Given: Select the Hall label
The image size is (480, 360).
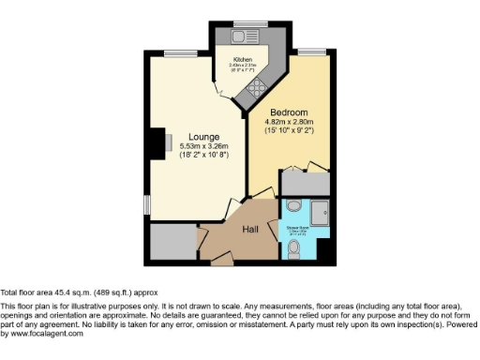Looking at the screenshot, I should [x=251, y=228].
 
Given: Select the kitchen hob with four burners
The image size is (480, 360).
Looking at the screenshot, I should [x=255, y=90].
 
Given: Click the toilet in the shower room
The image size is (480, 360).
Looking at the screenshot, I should [x=296, y=248].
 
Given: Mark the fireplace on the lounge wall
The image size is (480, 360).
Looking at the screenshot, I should [x=163, y=142].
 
